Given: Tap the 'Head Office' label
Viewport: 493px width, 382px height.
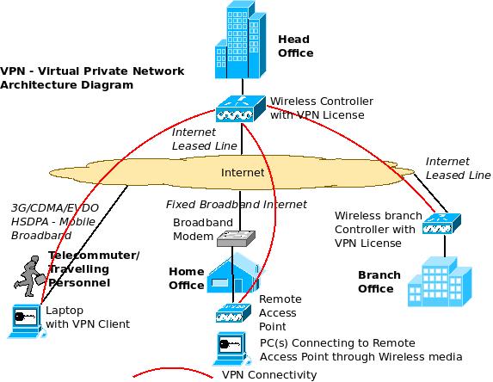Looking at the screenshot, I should click(295, 46).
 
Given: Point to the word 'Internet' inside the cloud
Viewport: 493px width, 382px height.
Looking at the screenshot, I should click(242, 173).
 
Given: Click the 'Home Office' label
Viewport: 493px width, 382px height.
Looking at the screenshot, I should click(186, 278).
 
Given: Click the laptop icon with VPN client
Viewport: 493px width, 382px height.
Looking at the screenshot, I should click(23, 319).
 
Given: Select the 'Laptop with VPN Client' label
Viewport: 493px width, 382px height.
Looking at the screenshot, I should click(86, 317).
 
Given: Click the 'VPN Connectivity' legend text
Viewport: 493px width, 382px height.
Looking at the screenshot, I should click(268, 375).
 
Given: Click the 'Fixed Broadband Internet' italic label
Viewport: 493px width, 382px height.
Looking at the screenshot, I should click(236, 204).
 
